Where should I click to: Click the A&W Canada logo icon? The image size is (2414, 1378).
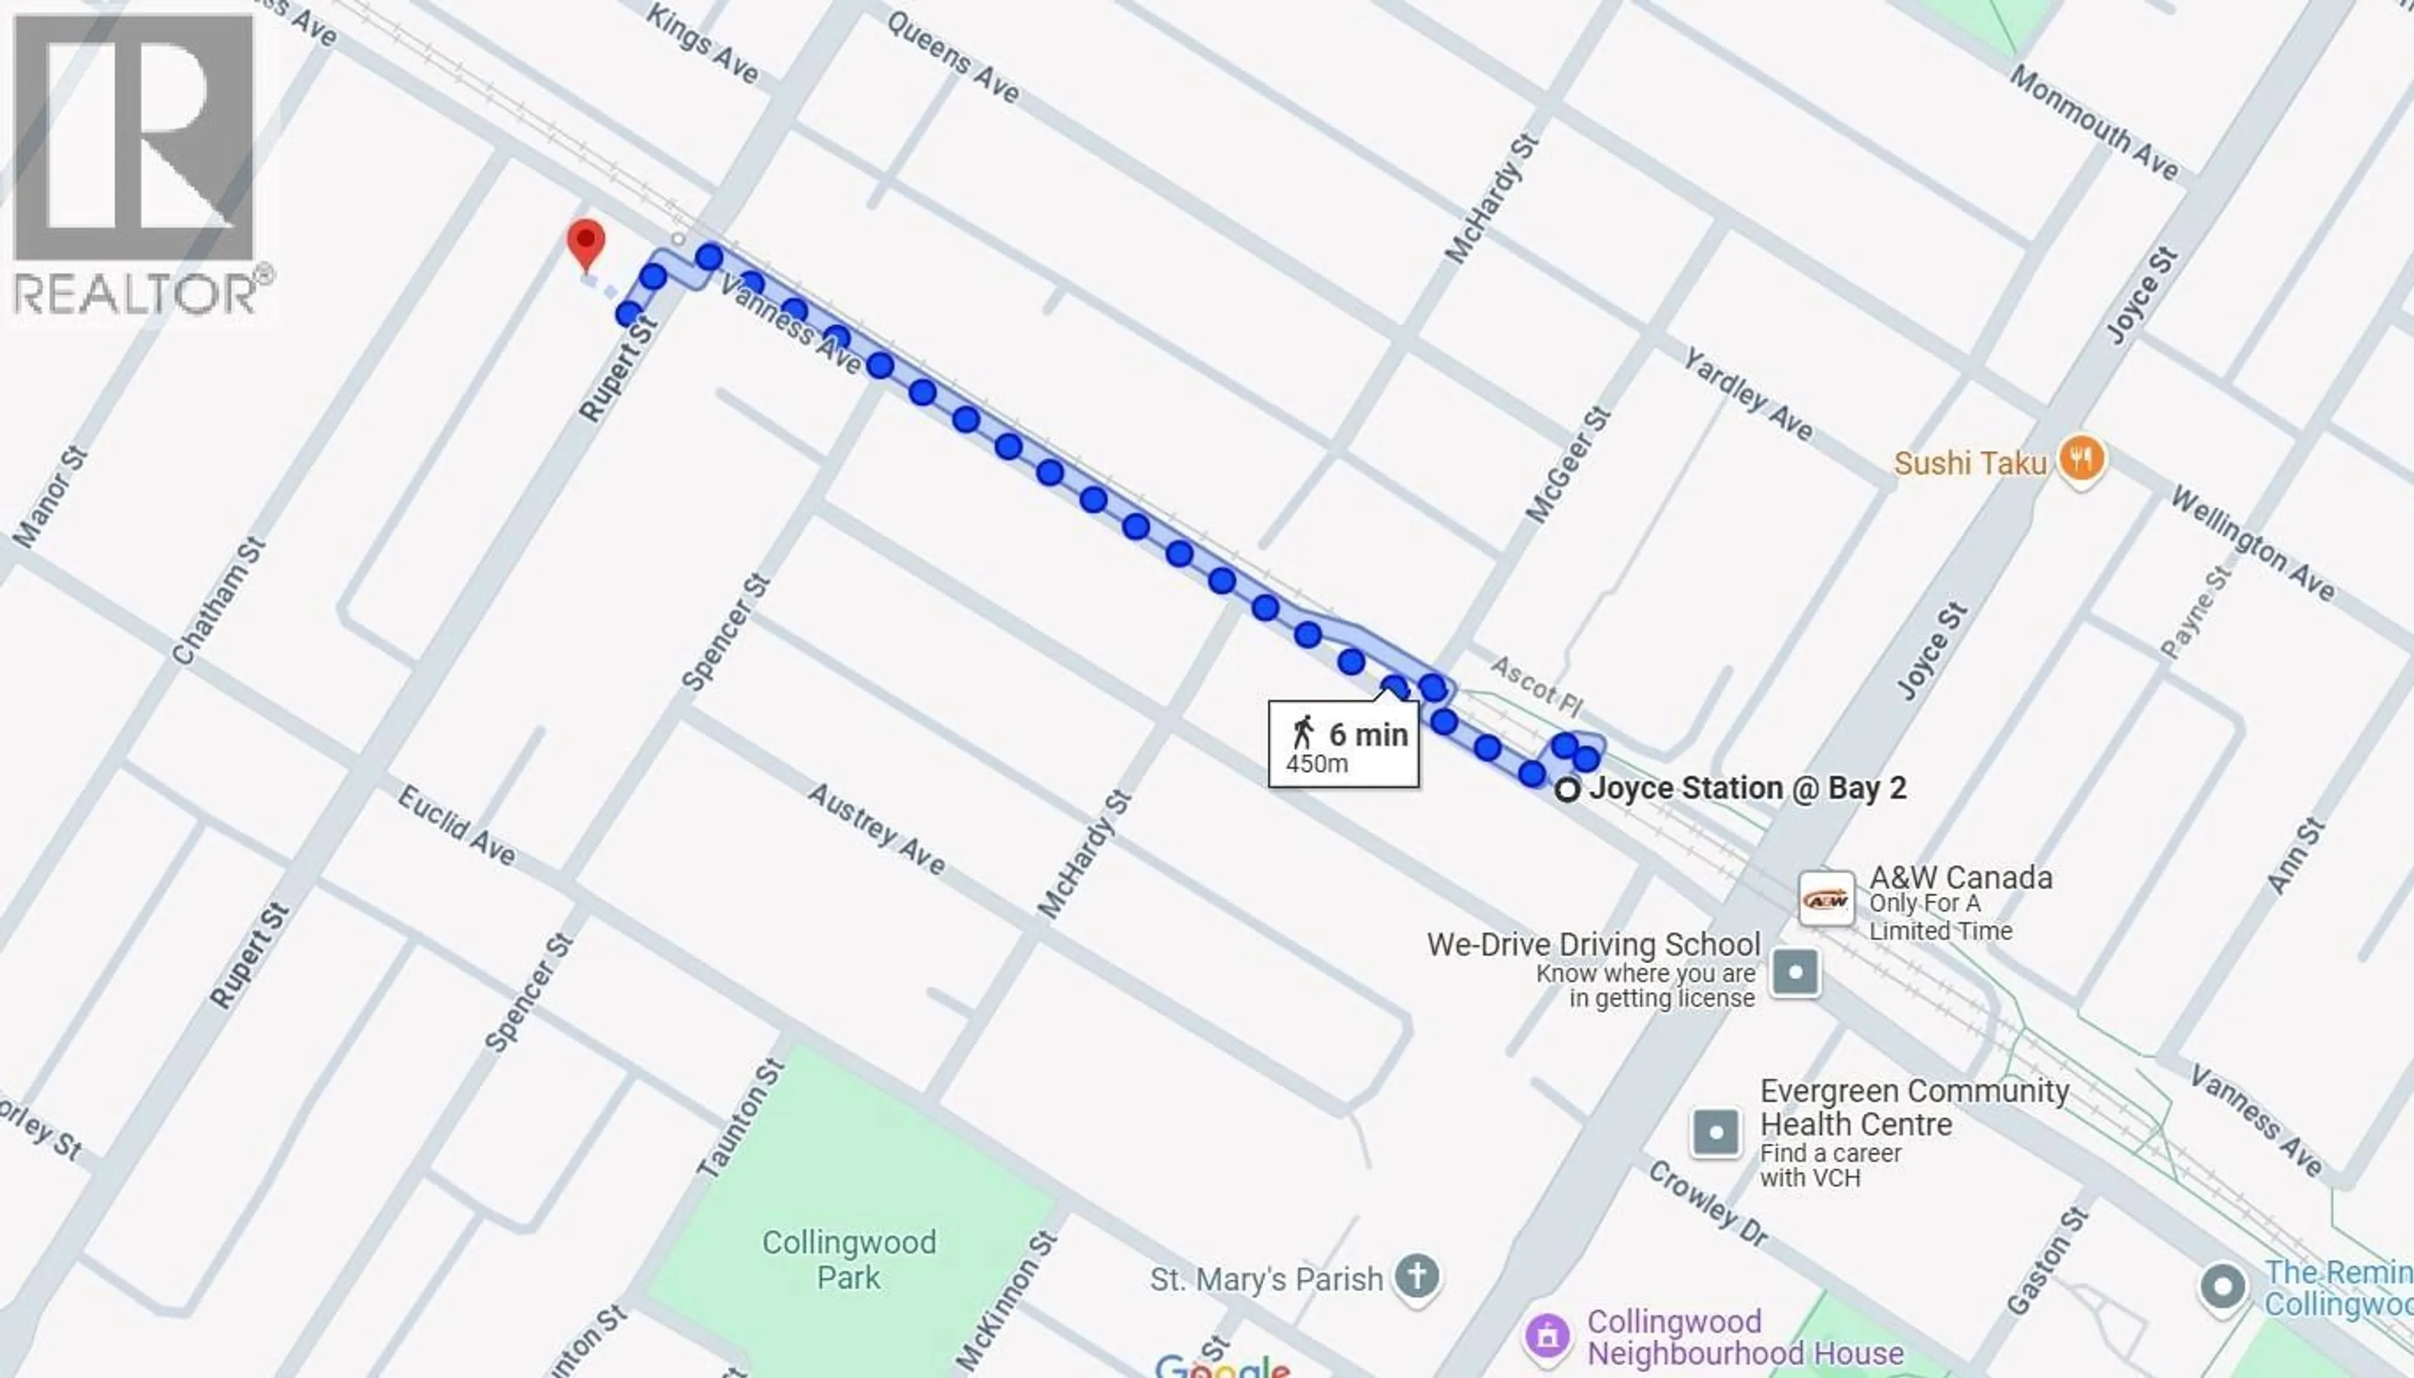pos(1826,899)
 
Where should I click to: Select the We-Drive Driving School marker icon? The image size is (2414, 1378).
pos(1795,972)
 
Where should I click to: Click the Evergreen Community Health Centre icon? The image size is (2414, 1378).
pos(1716,1132)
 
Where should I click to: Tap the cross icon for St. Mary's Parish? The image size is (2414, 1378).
pos(1416,1277)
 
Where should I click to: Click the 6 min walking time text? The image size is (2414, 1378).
pos(1368,735)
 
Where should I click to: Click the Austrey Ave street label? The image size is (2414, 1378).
pos(876,829)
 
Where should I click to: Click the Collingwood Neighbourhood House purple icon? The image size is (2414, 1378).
pos(1548,1337)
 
